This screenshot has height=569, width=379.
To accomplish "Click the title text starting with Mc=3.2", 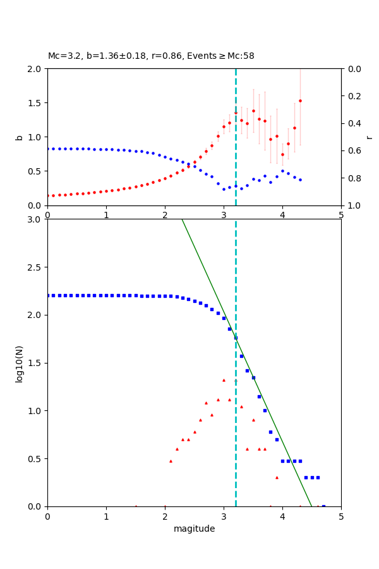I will (151, 56).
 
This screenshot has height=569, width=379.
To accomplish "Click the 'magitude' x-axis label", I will (194, 529).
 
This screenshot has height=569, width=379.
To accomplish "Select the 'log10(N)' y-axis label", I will (20, 363).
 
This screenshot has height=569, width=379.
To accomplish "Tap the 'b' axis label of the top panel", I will (20, 137).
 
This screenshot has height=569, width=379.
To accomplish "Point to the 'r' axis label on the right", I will (370, 137).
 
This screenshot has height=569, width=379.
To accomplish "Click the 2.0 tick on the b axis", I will (36, 69).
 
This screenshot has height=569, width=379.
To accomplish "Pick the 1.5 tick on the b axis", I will (36, 103).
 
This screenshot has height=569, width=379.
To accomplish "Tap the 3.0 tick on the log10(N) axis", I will (36, 219).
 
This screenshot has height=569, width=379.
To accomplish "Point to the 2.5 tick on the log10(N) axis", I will (36, 267).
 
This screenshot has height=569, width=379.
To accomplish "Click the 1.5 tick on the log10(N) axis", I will (36, 363).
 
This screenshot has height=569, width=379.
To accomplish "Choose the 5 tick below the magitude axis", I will (341, 517).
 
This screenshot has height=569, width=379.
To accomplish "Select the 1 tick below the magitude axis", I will (106, 517).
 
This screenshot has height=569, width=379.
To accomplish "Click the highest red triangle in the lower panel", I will (224, 380).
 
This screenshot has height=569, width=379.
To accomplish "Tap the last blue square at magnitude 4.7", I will (323, 506).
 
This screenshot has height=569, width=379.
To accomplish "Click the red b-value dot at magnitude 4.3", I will (300, 101).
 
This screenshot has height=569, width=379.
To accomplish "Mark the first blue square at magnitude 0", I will (48, 295).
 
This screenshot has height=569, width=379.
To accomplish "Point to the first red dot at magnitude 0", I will (48, 195).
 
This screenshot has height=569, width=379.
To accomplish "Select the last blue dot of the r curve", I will (300, 180).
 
